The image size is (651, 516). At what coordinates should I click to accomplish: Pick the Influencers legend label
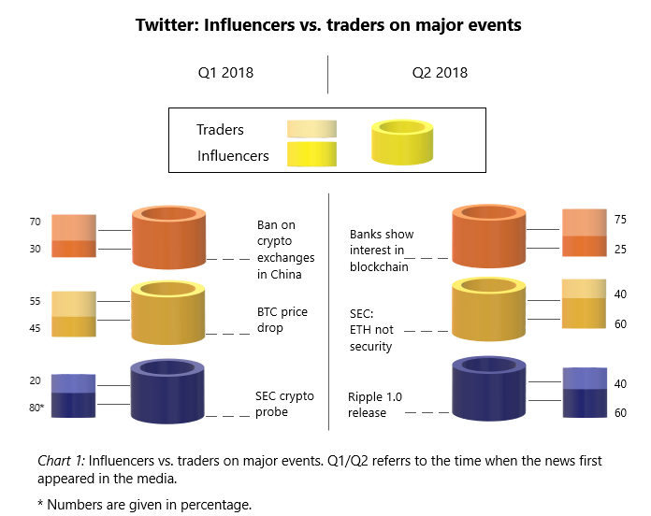(233, 156)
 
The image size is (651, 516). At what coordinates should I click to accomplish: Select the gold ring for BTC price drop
(169, 313)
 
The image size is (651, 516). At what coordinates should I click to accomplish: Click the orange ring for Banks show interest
(490, 237)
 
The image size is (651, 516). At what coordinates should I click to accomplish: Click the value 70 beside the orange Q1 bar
(35, 222)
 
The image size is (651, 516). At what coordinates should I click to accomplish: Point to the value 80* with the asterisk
(37, 408)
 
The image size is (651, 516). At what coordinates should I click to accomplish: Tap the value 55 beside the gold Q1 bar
(35, 303)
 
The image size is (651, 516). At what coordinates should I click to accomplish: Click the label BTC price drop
(282, 321)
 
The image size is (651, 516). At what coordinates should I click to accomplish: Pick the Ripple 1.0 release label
(374, 405)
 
